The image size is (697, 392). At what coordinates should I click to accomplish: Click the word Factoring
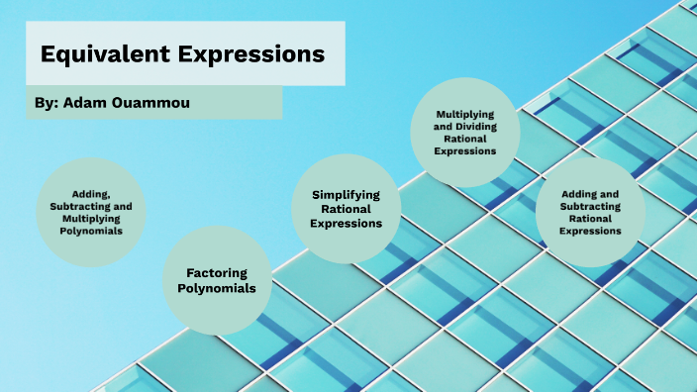coord(217,272)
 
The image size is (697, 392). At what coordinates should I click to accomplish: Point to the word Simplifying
coord(347,195)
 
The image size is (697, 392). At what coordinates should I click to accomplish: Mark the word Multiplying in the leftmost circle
coord(91,218)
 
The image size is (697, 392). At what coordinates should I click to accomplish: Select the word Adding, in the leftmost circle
coord(91,194)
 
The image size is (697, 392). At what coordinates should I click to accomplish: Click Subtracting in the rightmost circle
coord(590,206)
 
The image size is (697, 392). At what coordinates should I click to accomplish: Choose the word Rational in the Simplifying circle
coord(347,209)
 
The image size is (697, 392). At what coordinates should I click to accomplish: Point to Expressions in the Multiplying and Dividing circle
coord(465,151)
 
